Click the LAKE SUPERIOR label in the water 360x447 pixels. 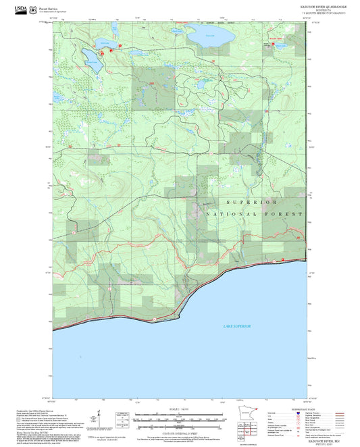coord(237,326)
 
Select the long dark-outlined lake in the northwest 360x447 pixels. coord(92,59)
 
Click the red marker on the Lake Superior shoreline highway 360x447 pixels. coord(274,260)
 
